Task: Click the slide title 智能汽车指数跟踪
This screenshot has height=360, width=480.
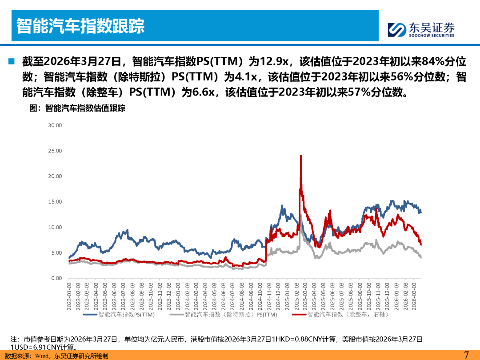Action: (80, 26)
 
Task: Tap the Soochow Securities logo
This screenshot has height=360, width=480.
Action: (421, 30)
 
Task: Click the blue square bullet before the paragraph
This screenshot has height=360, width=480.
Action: (12, 61)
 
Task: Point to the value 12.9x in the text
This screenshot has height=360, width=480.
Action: (274, 61)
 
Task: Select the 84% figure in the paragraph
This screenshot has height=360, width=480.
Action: (433, 61)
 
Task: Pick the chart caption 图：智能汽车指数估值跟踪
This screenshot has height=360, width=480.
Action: (77, 108)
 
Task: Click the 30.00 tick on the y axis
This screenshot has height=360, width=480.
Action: (55, 125)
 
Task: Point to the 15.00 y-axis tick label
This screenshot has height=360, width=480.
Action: (55, 202)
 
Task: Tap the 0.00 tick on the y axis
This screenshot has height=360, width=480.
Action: (56, 278)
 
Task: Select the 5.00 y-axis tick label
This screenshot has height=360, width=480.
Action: (56, 253)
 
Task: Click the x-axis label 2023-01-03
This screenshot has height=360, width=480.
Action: (69, 296)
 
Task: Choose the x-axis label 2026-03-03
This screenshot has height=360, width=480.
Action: (414, 296)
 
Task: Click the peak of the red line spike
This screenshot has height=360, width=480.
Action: (301, 156)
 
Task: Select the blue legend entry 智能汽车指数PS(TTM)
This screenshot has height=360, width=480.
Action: (119, 314)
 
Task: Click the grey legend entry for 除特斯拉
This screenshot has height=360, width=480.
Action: (223, 314)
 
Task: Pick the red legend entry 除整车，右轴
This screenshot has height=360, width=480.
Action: (340, 314)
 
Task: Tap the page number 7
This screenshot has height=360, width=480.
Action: (466, 355)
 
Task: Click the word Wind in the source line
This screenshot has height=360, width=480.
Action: (42, 356)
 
